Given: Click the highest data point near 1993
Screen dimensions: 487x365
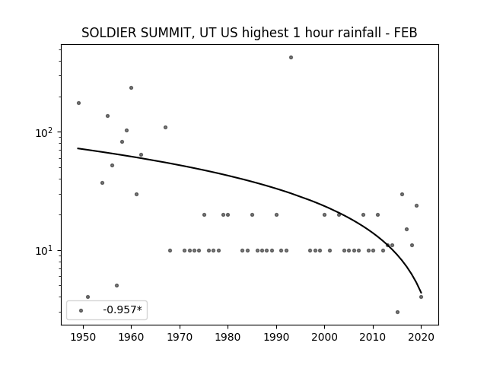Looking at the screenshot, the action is coord(291,58).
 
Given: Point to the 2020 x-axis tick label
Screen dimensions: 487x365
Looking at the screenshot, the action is coord(421,337).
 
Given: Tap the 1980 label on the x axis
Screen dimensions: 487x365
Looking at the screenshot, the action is coord(228,337).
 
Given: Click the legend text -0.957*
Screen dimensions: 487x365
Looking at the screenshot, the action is coord(123,309).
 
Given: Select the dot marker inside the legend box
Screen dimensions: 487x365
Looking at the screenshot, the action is coord(81,310).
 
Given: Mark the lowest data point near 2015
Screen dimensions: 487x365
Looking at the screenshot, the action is coord(397,312).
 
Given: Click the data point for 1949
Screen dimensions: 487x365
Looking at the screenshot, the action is coord(78,103).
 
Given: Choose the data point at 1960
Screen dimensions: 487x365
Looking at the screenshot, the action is coord(131,88).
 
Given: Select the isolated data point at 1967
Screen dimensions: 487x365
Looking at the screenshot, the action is coord(166,127).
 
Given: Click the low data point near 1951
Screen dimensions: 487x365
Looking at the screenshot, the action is coord(88,297).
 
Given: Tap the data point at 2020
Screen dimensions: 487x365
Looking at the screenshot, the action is coord(421,297).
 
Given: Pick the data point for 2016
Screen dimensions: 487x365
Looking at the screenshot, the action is coord(402,195).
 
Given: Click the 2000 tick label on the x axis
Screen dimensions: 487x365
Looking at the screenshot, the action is coord(325,337).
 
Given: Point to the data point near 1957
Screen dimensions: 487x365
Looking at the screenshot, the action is coord(116,285).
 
